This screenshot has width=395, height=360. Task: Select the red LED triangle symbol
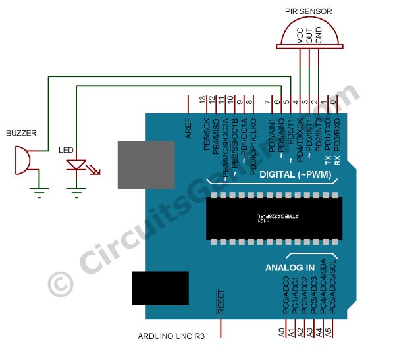coord(78,165)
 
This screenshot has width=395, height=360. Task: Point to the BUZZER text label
coord(20,133)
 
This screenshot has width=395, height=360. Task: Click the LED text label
coord(66,150)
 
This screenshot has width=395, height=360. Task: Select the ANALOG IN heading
coord(290,268)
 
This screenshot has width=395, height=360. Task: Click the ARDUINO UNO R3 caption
coord(171,336)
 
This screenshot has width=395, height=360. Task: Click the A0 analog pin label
coord(282,332)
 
